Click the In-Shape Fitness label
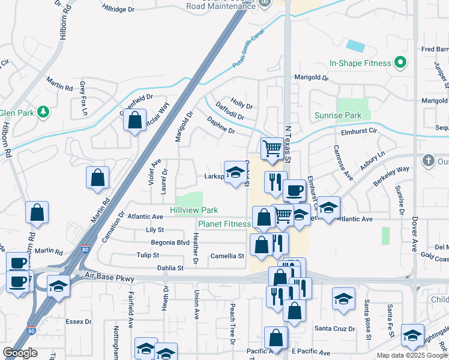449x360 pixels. point(360,62)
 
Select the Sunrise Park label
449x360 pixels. point(338,115)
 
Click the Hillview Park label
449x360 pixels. point(194,210)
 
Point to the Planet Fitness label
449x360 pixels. point(224,224)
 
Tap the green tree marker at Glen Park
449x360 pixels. point(43,112)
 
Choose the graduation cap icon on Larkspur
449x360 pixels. point(235,172)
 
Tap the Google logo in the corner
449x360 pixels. point(20,353)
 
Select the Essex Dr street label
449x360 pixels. point(78,322)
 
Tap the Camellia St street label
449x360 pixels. point(227,256)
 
